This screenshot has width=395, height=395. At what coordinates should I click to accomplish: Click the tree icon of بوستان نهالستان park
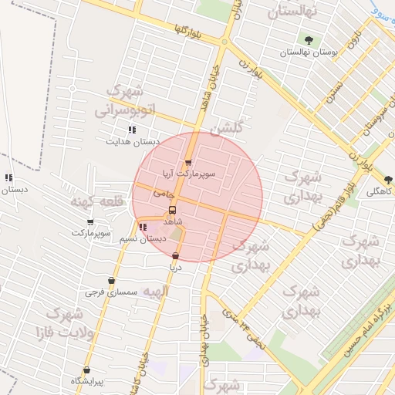click(309, 39)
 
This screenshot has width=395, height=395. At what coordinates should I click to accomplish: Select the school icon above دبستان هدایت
click(132, 130)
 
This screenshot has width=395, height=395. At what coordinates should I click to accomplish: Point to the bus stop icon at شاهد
click(171, 209)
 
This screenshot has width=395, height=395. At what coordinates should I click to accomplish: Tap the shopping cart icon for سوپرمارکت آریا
click(188, 162)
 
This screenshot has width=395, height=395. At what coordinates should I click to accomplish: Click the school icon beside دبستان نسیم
click(142, 227)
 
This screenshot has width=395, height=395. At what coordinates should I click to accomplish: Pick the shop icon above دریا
click(175, 255)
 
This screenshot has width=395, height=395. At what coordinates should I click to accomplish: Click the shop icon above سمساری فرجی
click(113, 281)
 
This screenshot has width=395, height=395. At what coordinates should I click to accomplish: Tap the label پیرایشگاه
click(87, 381)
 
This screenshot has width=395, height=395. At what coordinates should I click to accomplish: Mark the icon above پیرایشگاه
click(87, 370)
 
